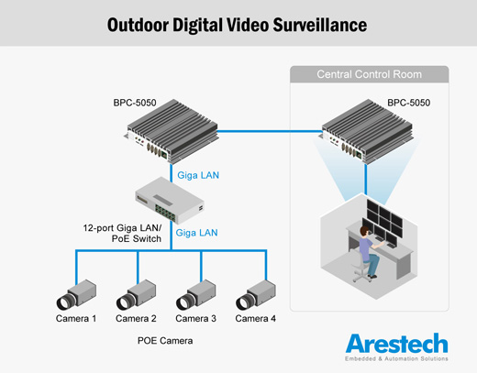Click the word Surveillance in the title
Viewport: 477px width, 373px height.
tap(320, 25)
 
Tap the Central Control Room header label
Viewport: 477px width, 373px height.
tap(369, 74)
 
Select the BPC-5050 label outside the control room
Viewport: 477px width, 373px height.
tap(135, 103)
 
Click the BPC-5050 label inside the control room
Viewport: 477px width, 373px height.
tap(408, 103)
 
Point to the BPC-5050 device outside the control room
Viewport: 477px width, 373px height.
tap(172, 131)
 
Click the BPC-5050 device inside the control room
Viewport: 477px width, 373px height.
tap(367, 131)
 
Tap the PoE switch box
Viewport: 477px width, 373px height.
tap(170, 200)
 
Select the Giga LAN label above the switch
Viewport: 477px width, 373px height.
tap(198, 175)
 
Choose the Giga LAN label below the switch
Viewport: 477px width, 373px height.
tap(196, 233)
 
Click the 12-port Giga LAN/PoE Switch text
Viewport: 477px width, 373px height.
tap(122, 233)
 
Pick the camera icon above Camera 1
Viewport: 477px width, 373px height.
tap(76, 295)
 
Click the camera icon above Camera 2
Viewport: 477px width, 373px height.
tap(136, 295)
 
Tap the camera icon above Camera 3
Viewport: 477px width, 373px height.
tap(196, 295)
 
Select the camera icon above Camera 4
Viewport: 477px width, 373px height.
tap(256, 295)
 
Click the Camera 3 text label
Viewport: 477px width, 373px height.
tap(195, 319)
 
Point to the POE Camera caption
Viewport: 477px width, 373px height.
tap(165, 341)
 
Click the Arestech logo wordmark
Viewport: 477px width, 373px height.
tap(396, 344)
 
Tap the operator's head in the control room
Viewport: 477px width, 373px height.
tap(365, 231)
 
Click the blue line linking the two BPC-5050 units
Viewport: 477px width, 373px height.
tap(270, 132)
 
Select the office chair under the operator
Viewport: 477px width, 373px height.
tap(361, 269)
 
